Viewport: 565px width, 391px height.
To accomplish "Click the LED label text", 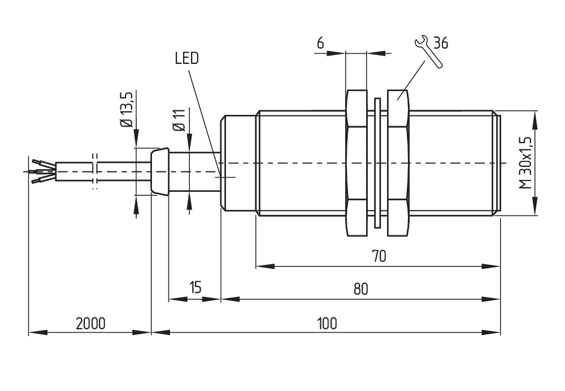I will click(x=187, y=59).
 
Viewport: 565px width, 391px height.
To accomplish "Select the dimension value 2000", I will click(x=90, y=324).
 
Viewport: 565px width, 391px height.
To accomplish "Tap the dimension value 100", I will click(x=327, y=324).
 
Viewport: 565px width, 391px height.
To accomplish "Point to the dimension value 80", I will click(x=361, y=289).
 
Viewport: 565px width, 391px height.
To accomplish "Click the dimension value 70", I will click(x=379, y=256).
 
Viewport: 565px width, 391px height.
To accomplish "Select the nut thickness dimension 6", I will click(x=320, y=44).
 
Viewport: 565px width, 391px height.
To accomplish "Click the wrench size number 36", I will click(x=441, y=44).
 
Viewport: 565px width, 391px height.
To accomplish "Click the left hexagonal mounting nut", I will click(x=355, y=163).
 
